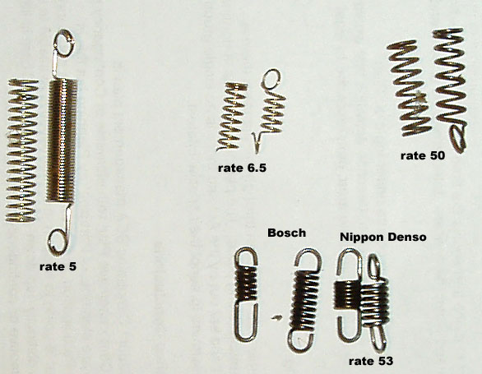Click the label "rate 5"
(x=58, y=266)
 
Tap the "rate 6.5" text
(x=242, y=168)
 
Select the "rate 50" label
(x=423, y=155)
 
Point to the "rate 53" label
(x=371, y=361)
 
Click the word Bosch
(x=286, y=233)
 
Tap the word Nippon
(x=358, y=238)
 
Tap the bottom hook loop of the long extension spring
(x=52, y=242)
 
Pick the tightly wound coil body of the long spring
(x=62, y=141)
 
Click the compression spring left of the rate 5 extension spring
(x=21, y=150)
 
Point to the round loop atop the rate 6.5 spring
(x=271, y=72)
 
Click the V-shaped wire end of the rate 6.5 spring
(x=256, y=142)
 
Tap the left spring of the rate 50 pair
(x=410, y=88)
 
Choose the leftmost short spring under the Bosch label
(x=246, y=294)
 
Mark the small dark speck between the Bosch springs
(x=276, y=318)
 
